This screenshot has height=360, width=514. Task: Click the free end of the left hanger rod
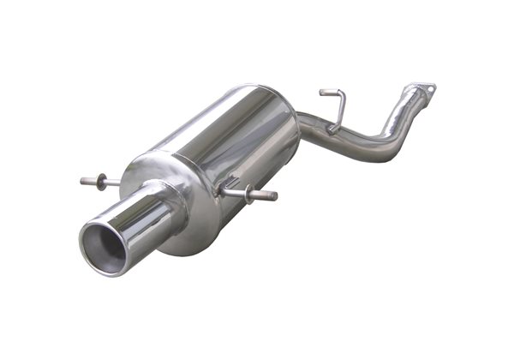tap(84, 181)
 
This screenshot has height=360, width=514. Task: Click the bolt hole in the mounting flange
tap(429, 87)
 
